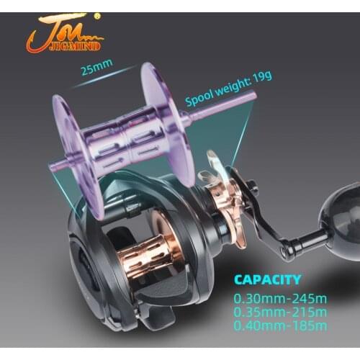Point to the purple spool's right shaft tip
click(x=253, y=95)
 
